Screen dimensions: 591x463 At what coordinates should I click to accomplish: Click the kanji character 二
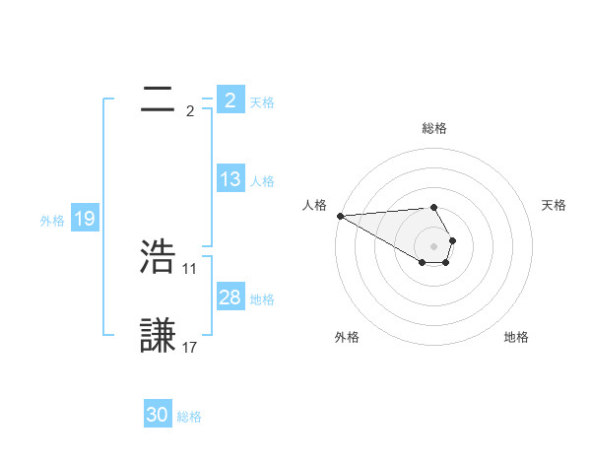click(x=158, y=99)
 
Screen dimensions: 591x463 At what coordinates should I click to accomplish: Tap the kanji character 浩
click(x=159, y=258)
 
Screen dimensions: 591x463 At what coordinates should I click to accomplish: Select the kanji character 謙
click(x=159, y=336)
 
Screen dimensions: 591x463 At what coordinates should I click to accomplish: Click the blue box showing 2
click(x=230, y=99)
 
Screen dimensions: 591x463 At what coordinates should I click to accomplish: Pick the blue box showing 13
click(x=230, y=179)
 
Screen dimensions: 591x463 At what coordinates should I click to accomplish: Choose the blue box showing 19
click(x=84, y=219)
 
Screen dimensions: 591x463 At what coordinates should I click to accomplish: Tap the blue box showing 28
click(x=230, y=298)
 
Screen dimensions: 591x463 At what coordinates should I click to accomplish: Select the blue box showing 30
click(x=158, y=415)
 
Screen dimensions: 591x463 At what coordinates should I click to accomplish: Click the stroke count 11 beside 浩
click(x=190, y=268)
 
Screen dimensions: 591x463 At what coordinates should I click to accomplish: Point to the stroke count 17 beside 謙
click(x=190, y=347)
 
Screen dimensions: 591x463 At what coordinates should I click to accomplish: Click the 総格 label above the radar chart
click(x=433, y=128)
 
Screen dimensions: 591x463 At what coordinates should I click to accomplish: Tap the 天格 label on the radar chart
click(x=554, y=205)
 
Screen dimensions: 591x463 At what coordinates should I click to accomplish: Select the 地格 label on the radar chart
click(x=516, y=337)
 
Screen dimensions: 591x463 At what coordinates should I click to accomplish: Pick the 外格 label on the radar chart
click(x=347, y=337)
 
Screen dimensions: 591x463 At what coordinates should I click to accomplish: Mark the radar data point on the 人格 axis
click(x=340, y=216)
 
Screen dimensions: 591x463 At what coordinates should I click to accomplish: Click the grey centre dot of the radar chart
click(x=433, y=246)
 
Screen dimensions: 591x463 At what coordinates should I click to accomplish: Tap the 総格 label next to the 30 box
click(x=189, y=417)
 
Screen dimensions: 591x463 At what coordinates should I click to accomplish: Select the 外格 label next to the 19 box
click(x=52, y=221)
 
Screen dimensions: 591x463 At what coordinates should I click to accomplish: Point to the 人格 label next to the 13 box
click(x=262, y=181)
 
